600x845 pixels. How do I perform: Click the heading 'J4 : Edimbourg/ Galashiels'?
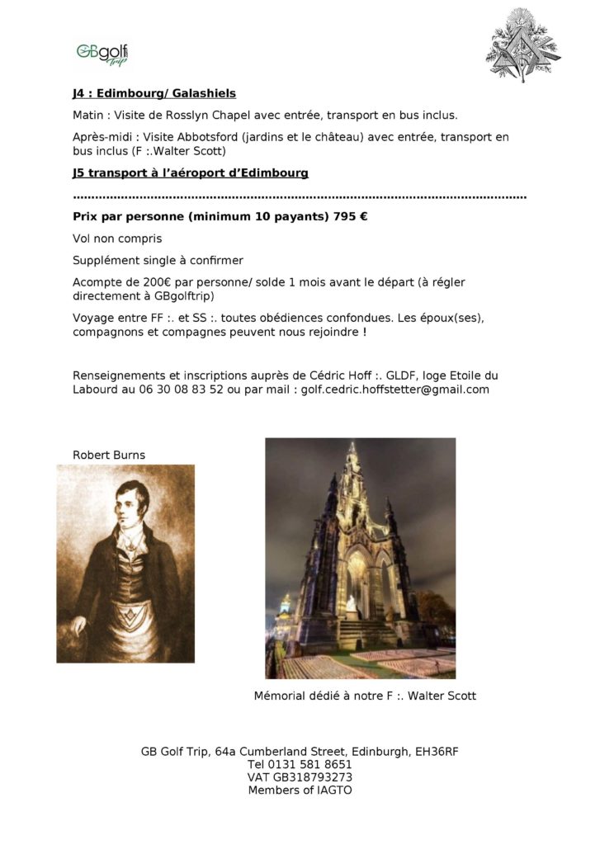pyautogui.click(x=154, y=94)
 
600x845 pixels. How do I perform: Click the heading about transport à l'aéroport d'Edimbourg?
pyautogui.click(x=190, y=173)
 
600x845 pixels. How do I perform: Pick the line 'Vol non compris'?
pyautogui.click(x=117, y=239)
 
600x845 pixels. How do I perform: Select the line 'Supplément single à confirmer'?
pyautogui.click(x=158, y=261)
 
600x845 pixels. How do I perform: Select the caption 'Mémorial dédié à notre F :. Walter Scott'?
pyautogui.click(x=365, y=696)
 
